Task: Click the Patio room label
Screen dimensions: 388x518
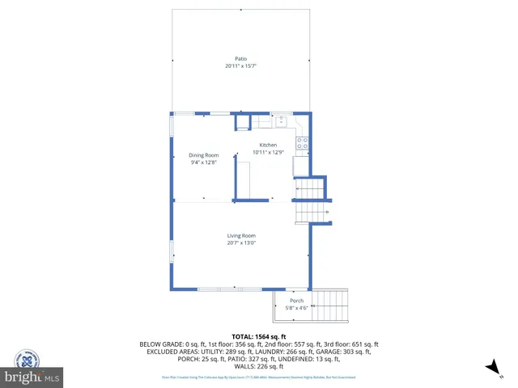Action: (240, 59)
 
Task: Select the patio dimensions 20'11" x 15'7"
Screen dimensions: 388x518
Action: (240, 66)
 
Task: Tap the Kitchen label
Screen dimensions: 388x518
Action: (268, 145)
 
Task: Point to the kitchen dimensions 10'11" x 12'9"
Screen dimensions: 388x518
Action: (268, 152)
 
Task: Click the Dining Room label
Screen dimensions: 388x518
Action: (204, 155)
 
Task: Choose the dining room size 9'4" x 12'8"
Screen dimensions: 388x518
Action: (204, 162)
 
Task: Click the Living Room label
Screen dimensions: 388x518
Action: (241, 235)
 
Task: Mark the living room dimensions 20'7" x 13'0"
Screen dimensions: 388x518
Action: (241, 242)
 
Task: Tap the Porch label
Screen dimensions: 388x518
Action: (297, 301)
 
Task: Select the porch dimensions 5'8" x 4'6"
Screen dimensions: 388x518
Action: (297, 307)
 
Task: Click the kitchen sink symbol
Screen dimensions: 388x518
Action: (282, 122)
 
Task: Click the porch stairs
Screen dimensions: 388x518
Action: (329, 306)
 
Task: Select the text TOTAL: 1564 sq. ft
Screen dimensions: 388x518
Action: (259, 335)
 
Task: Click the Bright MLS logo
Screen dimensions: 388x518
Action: (32, 377)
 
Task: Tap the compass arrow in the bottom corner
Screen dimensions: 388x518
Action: (490, 368)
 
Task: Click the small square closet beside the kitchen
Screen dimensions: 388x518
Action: (243, 122)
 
